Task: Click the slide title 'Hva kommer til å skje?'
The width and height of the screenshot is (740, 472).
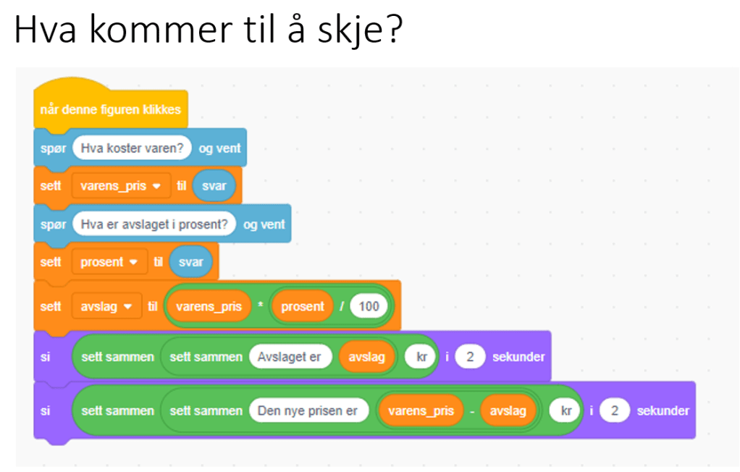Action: click(209, 29)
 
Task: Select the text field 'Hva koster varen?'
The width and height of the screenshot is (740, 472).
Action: click(132, 148)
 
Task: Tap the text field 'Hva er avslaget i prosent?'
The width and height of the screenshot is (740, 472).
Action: click(154, 224)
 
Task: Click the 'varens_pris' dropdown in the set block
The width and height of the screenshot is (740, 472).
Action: click(120, 186)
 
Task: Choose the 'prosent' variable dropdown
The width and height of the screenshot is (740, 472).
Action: click(109, 262)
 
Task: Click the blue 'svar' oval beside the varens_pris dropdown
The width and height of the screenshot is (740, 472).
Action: click(214, 186)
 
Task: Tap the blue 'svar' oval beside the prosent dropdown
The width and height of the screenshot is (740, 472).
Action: click(190, 262)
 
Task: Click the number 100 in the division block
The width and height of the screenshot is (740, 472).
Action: click(369, 306)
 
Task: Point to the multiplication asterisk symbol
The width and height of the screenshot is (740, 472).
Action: click(260, 305)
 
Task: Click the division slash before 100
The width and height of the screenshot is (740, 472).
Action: click(342, 306)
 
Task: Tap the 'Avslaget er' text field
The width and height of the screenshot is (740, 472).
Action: click(290, 357)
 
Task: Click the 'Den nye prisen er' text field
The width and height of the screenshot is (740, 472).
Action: click(308, 410)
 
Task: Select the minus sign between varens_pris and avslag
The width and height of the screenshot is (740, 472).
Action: click(472, 411)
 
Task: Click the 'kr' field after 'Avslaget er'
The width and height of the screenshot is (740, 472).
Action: click(421, 357)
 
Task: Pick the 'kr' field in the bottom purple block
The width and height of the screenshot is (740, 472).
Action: click(565, 410)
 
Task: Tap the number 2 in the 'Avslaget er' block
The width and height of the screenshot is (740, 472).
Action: click(470, 357)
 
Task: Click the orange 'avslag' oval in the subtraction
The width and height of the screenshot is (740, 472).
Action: click(508, 410)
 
